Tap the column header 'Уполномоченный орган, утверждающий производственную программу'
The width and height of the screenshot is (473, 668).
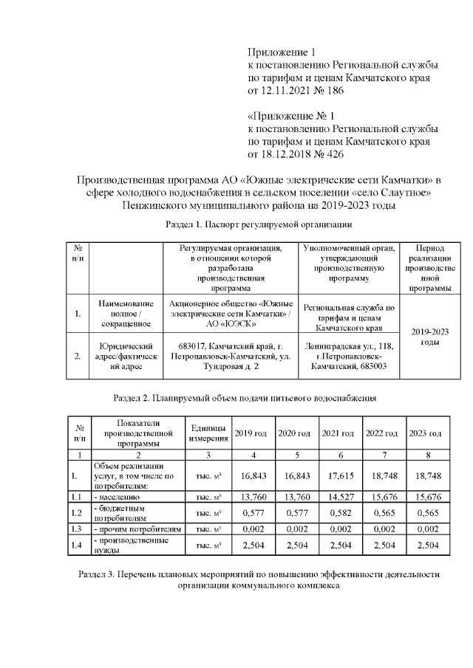(x=350, y=264)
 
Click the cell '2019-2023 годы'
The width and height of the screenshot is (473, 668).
(x=429, y=337)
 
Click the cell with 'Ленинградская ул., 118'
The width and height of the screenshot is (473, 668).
(x=350, y=346)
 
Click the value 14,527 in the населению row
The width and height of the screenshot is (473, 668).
(x=338, y=496)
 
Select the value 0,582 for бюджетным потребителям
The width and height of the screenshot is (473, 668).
(x=338, y=513)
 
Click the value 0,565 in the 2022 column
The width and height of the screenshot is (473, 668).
(x=381, y=513)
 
